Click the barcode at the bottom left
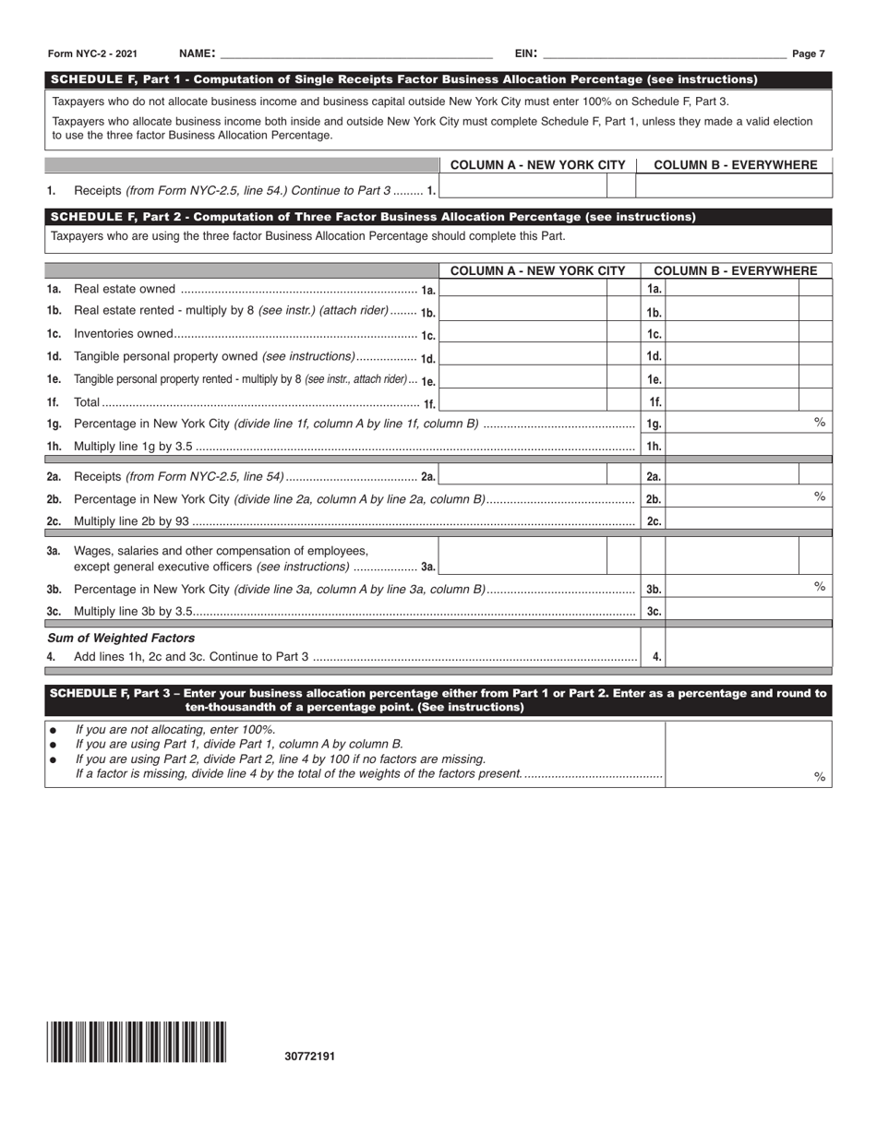coord(137,1043)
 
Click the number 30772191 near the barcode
coord(310,1057)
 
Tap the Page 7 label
coord(809,54)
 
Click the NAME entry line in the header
coord(356,54)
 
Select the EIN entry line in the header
coord(665,54)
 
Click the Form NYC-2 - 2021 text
coord(91,54)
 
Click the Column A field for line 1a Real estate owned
coord(523,289)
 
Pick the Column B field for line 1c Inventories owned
coord(732,333)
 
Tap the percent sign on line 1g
coord(818,422)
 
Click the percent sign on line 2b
coord(818,496)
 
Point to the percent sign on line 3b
coord(818,587)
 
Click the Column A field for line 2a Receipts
coord(523,475)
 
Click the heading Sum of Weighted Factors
coord(121,638)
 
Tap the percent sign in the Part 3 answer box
coord(818,777)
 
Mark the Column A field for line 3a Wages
coord(523,556)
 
